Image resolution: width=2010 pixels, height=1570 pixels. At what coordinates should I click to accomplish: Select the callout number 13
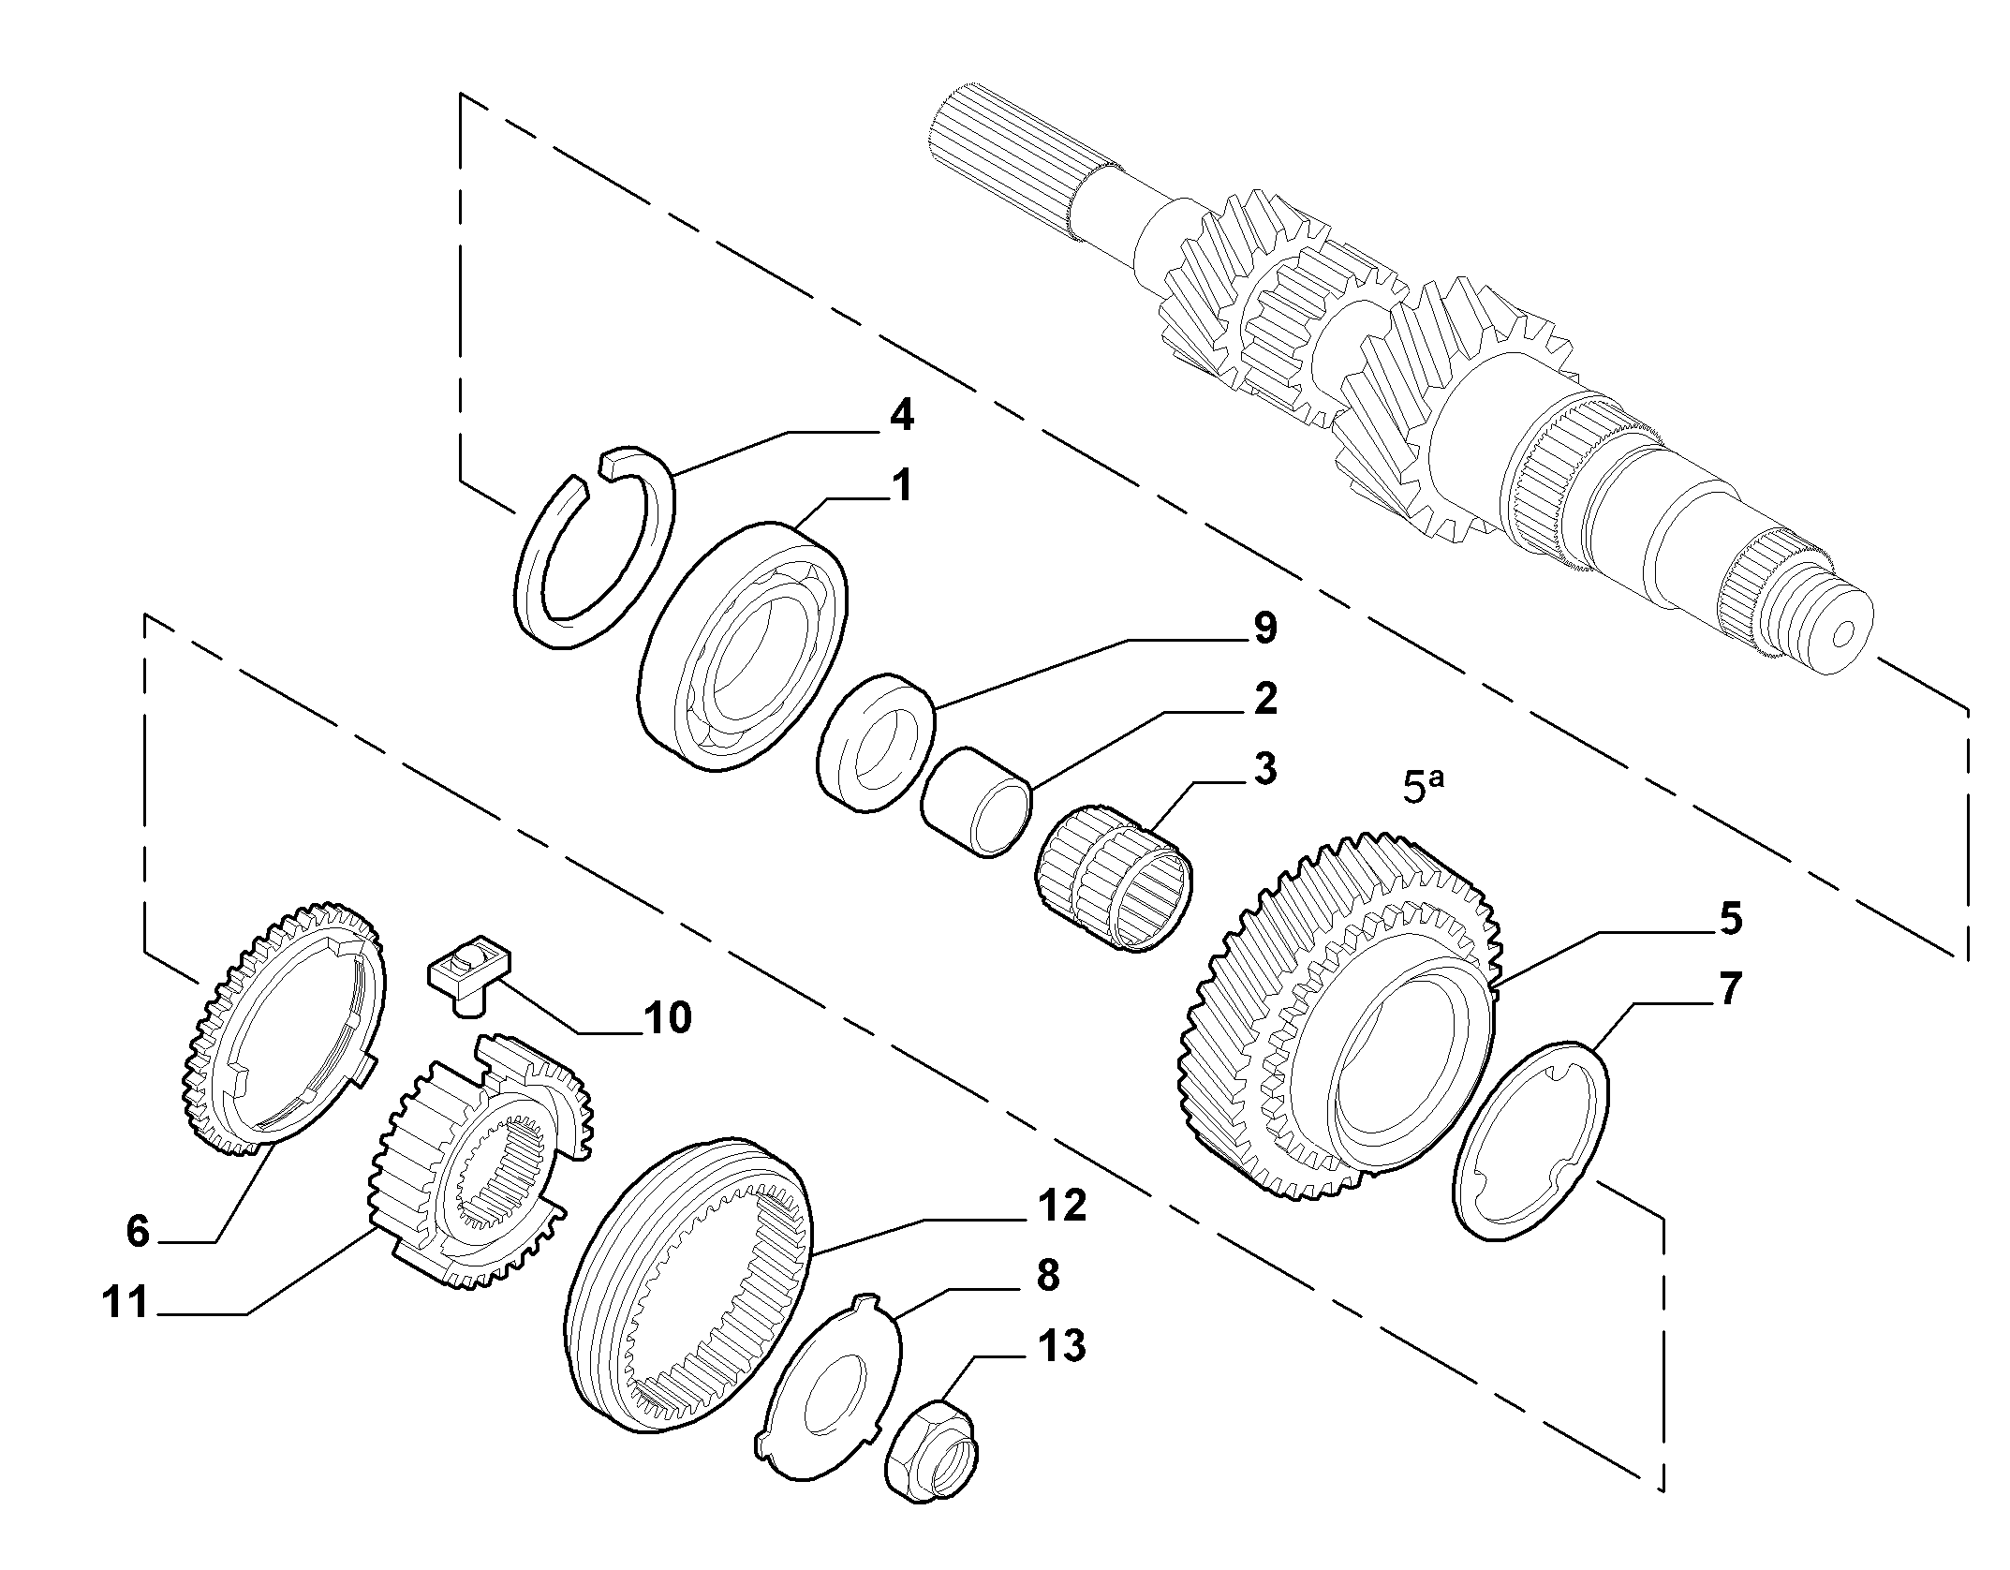[1060, 1346]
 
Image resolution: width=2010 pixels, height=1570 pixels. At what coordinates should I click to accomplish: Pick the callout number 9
[1264, 628]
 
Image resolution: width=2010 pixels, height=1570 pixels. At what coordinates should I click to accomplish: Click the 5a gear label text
[1424, 785]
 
